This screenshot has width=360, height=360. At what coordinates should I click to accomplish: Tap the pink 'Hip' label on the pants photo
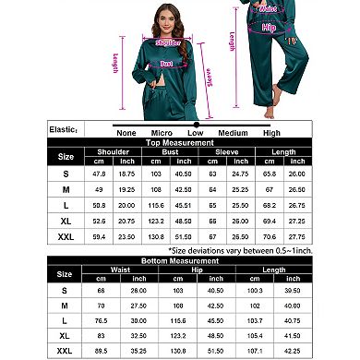click(x=269, y=28)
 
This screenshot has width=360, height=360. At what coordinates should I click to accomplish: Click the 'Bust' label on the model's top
click(x=167, y=64)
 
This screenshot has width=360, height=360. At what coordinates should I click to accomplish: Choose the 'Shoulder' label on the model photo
click(x=166, y=42)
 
